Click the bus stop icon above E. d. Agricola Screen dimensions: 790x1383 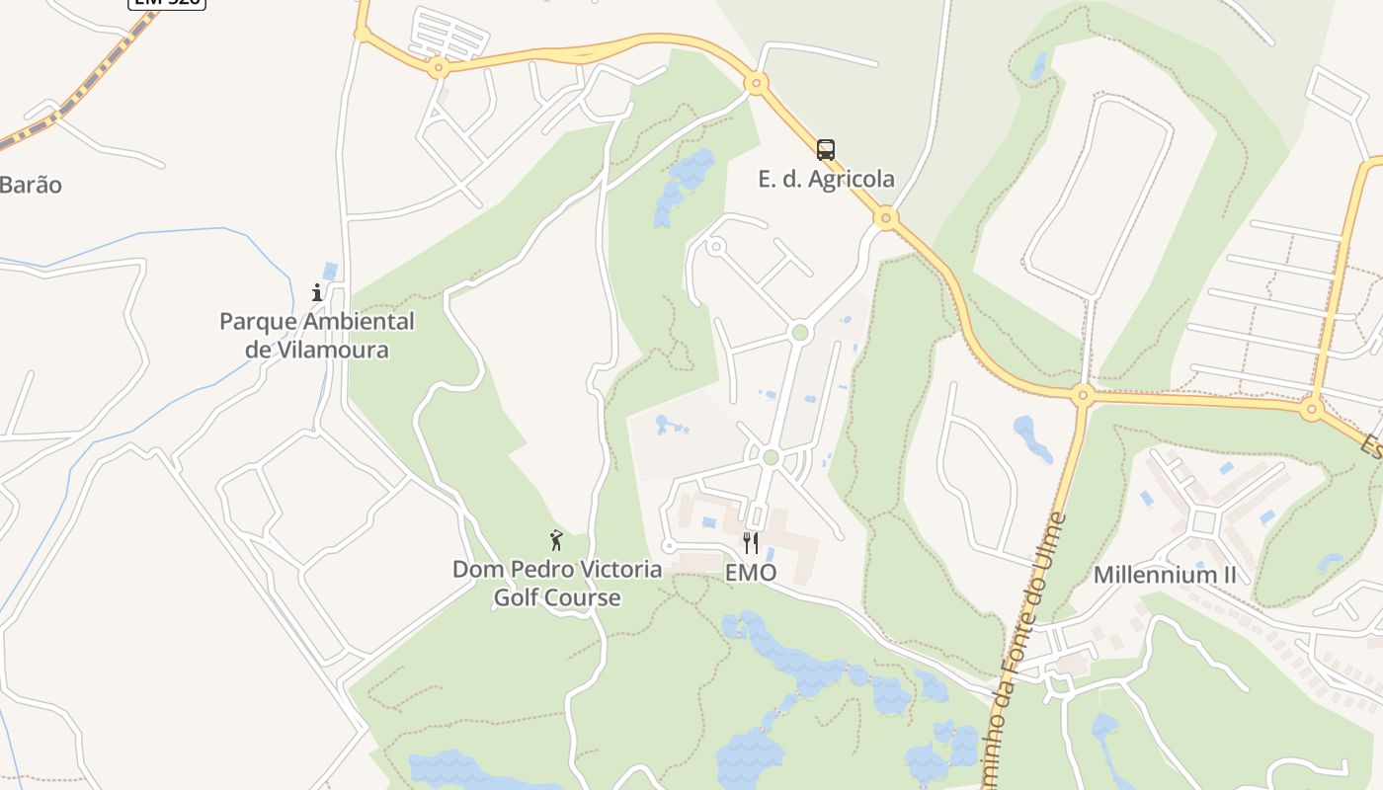pos(826,150)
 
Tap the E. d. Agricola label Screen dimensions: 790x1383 pos(826,179)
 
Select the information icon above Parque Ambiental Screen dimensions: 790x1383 pos(317,292)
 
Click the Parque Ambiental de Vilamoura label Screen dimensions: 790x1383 pos(316,336)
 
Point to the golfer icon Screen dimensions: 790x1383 pos(556,540)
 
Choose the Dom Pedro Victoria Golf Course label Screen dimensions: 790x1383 pos(557,584)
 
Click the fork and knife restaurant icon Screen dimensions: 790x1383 pos(751,543)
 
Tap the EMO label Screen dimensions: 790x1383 pos(751,573)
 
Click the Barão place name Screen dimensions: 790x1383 pos(31,185)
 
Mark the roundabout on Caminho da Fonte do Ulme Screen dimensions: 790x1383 pos(1083,396)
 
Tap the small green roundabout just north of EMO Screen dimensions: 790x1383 pos(772,457)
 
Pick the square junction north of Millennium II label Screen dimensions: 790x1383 pos(1204,521)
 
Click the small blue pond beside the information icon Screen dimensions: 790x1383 pos(330,271)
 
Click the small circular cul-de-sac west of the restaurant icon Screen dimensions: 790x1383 pos(669,546)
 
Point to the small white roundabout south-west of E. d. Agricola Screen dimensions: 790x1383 pos(716,246)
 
